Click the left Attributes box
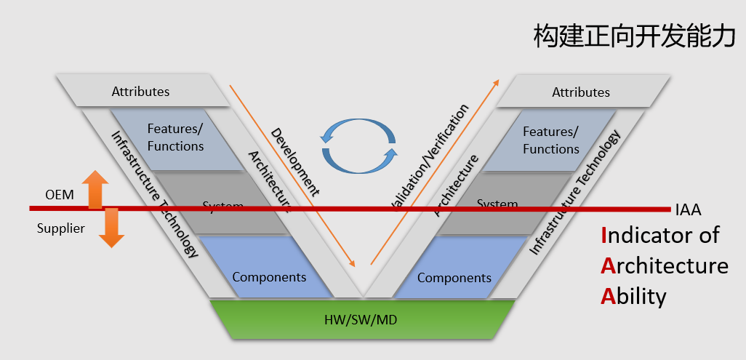tap(140, 92)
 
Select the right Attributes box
tap(581, 92)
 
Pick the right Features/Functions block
tap(550, 141)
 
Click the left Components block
tap(269, 277)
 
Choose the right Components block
tap(454, 278)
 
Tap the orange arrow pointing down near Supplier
tap(111, 228)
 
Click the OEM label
tap(60, 196)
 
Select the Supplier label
tap(61, 228)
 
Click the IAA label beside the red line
tap(688, 210)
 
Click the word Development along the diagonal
tap(294, 162)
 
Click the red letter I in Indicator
tap(605, 235)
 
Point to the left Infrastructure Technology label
tap(154, 194)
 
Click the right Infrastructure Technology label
tap(576, 192)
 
